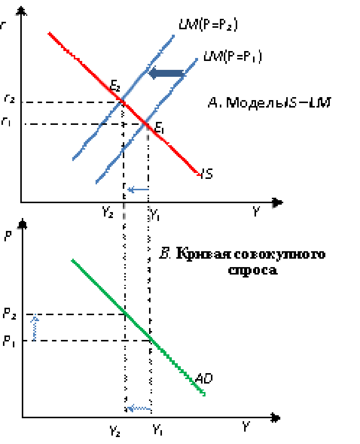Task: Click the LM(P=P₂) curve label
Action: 208,25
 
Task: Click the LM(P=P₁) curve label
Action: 233,57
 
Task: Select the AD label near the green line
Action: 204,379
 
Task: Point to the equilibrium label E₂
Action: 115,85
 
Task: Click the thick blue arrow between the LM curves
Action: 166,74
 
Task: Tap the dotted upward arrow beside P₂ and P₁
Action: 35,327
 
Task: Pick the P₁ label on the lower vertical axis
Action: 10,342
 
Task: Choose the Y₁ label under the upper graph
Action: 155,215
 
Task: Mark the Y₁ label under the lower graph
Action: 158,429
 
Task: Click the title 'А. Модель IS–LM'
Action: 269,103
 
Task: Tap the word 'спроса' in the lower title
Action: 253,270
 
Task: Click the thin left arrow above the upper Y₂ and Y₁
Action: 138,189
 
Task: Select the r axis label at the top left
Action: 4,26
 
